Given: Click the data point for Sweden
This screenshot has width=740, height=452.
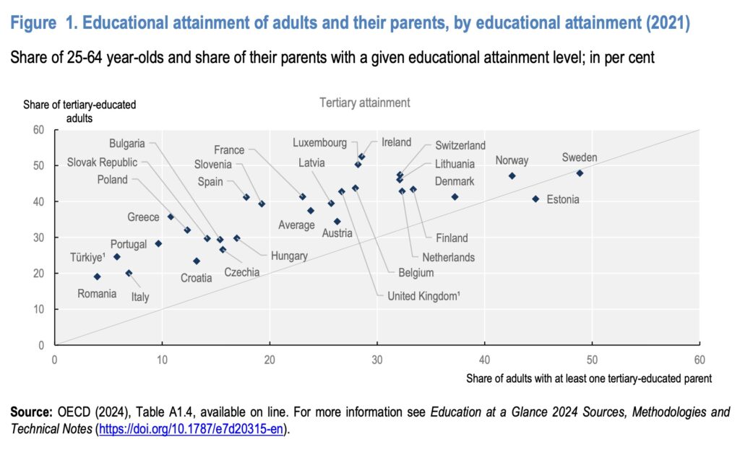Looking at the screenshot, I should tap(580, 173).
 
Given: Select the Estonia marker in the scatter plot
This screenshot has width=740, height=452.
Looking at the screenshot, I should tap(535, 199).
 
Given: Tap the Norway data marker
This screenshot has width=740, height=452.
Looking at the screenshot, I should tap(512, 175).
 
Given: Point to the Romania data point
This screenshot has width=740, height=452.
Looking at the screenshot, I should tap(98, 277).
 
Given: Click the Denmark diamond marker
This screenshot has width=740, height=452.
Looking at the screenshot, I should tap(455, 196).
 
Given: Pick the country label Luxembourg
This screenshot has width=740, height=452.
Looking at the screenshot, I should tap(320, 143).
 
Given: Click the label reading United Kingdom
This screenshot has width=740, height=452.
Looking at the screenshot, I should tap(423, 296).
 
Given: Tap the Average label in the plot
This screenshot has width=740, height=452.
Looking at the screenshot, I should tap(296, 225).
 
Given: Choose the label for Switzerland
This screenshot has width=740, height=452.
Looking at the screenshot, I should tap(460, 146).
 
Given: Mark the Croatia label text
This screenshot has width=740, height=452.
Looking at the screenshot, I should tap(197, 278).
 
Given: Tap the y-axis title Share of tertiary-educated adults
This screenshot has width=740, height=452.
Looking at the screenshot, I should tap(79, 110).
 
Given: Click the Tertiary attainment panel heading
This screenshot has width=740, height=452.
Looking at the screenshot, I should tap(365, 103).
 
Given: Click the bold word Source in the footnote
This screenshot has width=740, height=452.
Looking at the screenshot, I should tap(31, 412).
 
